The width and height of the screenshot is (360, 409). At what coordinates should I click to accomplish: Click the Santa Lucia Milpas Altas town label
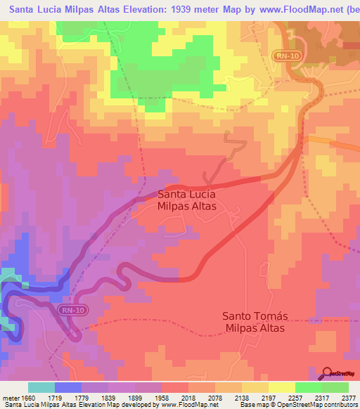pyautogui.click(x=186, y=199)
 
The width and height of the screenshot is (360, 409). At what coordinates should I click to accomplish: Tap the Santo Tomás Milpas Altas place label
pyautogui.click(x=255, y=322)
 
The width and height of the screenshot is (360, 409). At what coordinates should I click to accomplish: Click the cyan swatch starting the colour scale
pyautogui.click(x=41, y=387)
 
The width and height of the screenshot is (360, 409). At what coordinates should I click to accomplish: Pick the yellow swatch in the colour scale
pyautogui.click(x=282, y=387)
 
